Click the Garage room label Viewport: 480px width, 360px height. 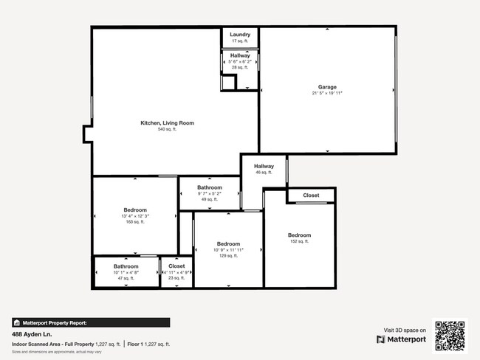point(327,86)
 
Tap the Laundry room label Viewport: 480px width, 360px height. point(240,35)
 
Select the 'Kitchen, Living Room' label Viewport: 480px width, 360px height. point(167,123)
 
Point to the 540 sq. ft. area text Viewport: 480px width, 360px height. point(167,130)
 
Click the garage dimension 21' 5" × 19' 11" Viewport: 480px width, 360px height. point(327,93)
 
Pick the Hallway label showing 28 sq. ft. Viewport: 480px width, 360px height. point(240,55)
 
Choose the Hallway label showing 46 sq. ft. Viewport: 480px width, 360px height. point(264,166)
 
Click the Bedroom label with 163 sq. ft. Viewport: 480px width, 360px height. point(134,210)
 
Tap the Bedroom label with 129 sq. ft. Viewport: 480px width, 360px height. point(228,243)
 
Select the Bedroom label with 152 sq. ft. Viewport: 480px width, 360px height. point(299,235)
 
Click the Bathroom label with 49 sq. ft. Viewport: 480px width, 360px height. point(210,187)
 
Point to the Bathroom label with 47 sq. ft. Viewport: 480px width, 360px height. point(126,266)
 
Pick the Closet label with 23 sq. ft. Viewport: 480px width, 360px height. point(176,266)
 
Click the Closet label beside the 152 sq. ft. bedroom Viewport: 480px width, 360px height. point(311,195)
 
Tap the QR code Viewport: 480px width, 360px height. point(450,335)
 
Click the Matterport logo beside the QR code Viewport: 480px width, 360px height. point(402,339)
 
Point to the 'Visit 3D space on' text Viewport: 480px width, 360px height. point(405,330)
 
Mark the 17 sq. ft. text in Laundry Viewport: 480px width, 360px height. point(240,41)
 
